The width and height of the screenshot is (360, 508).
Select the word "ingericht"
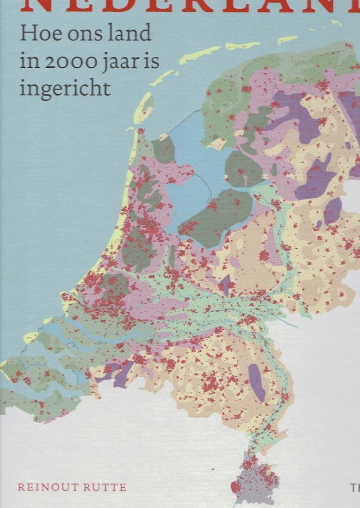coord(65,88)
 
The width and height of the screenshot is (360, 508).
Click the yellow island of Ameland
coord(243,46)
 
